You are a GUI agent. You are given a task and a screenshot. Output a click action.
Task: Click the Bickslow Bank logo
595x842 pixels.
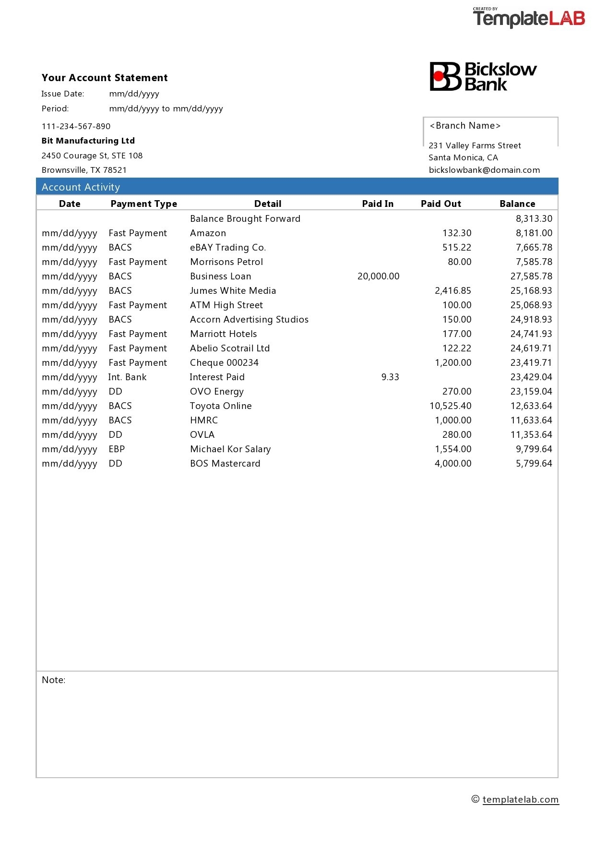click(483, 76)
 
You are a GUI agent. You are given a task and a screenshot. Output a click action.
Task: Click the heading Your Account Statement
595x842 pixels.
click(105, 78)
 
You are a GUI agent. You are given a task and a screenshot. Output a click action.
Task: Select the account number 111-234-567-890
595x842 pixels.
click(76, 126)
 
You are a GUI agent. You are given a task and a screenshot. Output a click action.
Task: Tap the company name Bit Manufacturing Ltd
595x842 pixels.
click(88, 141)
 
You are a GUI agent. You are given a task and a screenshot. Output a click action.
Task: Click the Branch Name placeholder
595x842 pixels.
click(465, 126)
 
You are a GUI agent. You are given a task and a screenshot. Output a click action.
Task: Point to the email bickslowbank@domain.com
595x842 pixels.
click(484, 170)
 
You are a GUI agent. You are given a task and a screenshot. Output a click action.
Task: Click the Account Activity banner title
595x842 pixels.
click(81, 187)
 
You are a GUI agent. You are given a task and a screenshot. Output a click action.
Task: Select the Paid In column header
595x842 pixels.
click(378, 204)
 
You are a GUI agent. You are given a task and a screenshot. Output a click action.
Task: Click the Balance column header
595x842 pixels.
click(517, 204)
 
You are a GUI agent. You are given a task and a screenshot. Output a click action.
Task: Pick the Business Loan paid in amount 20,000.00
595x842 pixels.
click(378, 276)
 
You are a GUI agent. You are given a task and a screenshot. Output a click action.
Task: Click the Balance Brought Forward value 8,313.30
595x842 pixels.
click(534, 218)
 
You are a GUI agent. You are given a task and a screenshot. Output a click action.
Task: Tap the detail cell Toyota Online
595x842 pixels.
click(221, 406)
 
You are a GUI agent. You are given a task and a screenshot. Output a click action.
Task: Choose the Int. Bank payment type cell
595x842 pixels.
click(127, 377)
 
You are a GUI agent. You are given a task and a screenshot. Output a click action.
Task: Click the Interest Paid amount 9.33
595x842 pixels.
click(390, 377)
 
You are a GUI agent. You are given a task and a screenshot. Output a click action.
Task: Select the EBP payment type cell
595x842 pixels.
click(117, 449)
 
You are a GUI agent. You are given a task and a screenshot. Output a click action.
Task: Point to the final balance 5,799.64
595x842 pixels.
click(534, 463)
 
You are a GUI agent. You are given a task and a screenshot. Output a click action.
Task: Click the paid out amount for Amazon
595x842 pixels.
click(457, 233)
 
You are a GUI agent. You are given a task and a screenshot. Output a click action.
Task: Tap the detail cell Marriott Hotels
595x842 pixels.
click(223, 334)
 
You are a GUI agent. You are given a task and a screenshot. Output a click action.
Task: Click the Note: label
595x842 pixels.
click(53, 680)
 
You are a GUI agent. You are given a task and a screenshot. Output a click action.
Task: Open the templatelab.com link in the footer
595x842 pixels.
click(521, 799)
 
